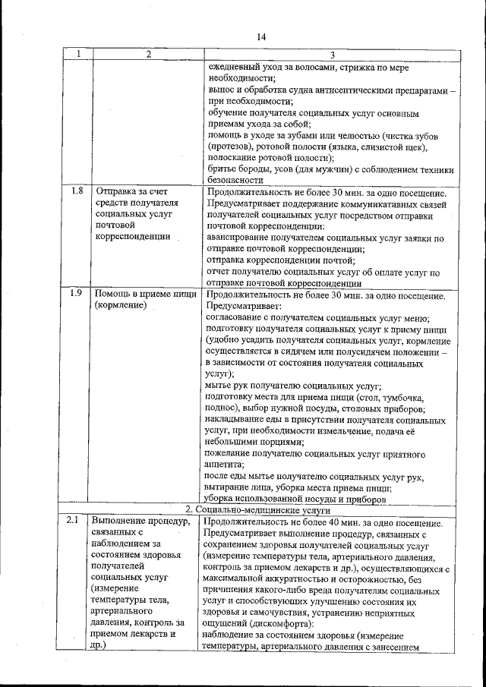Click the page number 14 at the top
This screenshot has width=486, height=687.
261,36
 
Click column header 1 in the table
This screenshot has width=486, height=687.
78,54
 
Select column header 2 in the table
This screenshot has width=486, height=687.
148,54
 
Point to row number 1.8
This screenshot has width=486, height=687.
76,191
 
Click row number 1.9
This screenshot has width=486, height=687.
76,292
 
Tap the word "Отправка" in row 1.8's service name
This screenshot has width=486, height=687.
115,191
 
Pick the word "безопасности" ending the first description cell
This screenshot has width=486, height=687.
235,181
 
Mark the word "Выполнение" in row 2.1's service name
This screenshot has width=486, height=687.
118,522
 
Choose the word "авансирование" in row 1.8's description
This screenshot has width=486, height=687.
241,238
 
